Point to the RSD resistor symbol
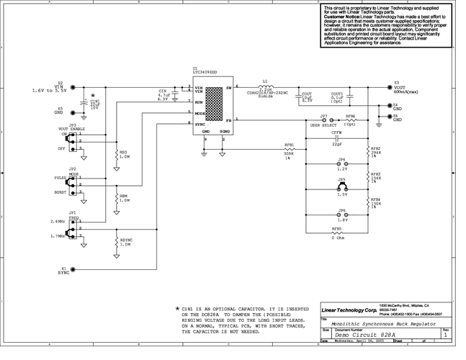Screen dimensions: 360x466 [x=116, y=156]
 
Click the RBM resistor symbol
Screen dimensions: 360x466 [x=116, y=199]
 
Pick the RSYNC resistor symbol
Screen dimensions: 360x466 [x=116, y=243]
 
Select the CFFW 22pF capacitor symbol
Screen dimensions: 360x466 [x=337, y=138]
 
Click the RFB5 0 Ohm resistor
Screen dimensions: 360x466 [x=336, y=233]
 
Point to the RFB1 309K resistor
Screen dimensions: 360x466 [x=289, y=149]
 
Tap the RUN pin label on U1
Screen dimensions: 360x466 [x=198, y=102]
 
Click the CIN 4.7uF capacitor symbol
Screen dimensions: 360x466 [x=175, y=94]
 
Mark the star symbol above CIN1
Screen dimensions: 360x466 [x=93, y=94]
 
